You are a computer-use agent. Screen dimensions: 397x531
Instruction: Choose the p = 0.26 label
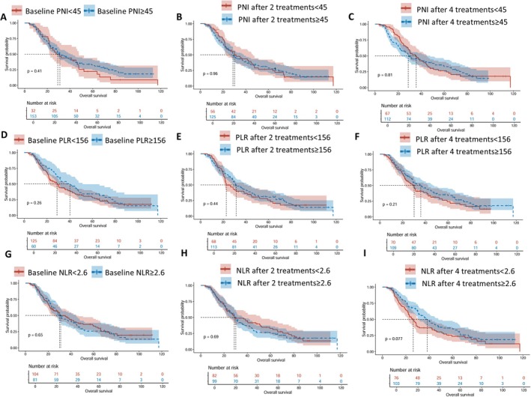point(35,201)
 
